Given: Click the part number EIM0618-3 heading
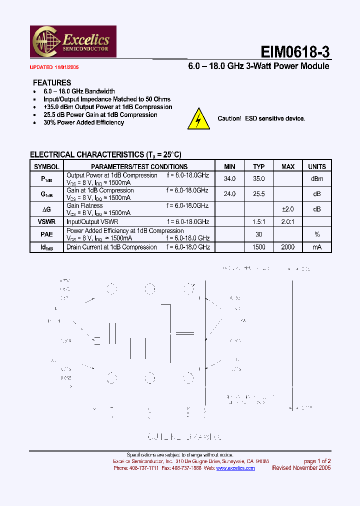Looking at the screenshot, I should coord(295,52).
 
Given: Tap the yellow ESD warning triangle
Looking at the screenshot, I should coord(198,119).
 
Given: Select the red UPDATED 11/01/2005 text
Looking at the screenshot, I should coord(54,67).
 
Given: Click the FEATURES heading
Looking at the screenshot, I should coord(52,82).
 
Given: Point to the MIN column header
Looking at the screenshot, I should coord(229,166).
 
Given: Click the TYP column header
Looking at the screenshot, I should coord(258,166).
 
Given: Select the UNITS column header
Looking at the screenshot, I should coord(316,166).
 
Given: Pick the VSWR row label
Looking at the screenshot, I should coord(46,221).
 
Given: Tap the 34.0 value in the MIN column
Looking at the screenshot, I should coord(229,178).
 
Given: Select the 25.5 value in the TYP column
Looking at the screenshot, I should coord(258,194).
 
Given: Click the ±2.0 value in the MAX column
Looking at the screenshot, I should coord(288,209).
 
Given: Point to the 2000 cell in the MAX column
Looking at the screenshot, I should coord(288,247).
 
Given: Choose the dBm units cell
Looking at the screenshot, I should coord(316,178).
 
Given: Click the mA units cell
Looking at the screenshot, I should coord(316,247).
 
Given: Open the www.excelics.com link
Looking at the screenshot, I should coord(235,468).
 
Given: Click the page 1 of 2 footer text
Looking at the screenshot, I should coord(317,461).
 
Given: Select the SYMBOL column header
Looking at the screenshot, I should coord(46,166).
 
